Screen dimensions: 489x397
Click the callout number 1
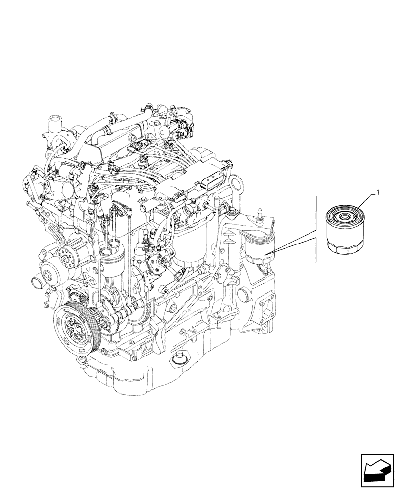[x=377, y=194]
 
